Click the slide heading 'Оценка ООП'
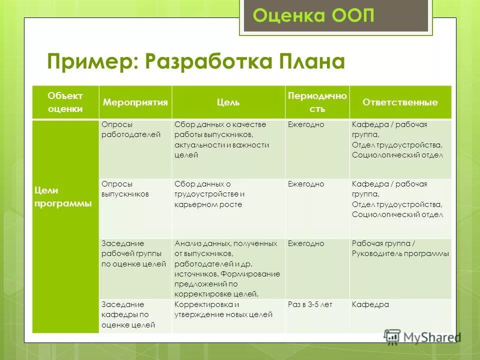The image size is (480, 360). point(313,15)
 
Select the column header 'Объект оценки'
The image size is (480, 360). point(65,102)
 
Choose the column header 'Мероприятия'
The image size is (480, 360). point(135,102)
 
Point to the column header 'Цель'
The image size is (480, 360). point(228,102)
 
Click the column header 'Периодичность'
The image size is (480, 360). point(317,102)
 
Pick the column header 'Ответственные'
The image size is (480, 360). point(400,102)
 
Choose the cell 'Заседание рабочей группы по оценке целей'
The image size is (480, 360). point(133,254)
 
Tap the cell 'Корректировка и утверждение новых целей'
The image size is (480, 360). point(223,309)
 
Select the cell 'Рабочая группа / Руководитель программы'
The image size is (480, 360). point(400,248)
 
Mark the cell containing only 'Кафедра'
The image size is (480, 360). point(370,304)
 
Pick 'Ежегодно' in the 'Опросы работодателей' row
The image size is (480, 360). point(306,124)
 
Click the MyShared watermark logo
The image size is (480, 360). point(422,336)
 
